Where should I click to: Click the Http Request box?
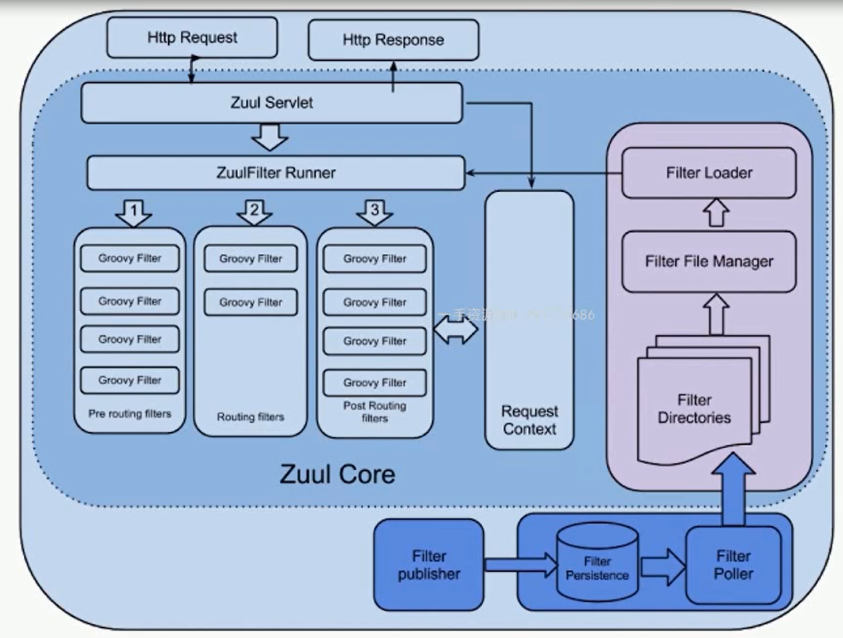tap(192, 37)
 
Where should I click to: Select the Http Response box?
tap(393, 40)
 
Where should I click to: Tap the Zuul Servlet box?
tap(271, 103)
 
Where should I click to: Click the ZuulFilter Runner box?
tap(276, 172)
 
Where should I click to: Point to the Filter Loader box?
tap(709, 172)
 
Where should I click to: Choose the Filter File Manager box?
tap(709, 262)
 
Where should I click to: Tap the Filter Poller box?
tap(734, 564)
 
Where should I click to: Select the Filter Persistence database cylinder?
tap(597, 566)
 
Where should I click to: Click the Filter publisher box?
tap(430, 564)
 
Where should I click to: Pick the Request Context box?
tap(529, 320)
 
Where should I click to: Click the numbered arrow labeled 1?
tap(132, 212)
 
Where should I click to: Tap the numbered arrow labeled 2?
tap(254, 212)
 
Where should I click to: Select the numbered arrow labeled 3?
tap(374, 212)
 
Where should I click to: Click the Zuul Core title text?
tap(337, 473)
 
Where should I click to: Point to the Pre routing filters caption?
tap(130, 414)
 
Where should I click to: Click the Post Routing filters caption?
tap(374, 411)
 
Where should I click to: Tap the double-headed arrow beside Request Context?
tap(457, 330)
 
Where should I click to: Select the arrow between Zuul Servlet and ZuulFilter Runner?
tap(271, 138)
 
